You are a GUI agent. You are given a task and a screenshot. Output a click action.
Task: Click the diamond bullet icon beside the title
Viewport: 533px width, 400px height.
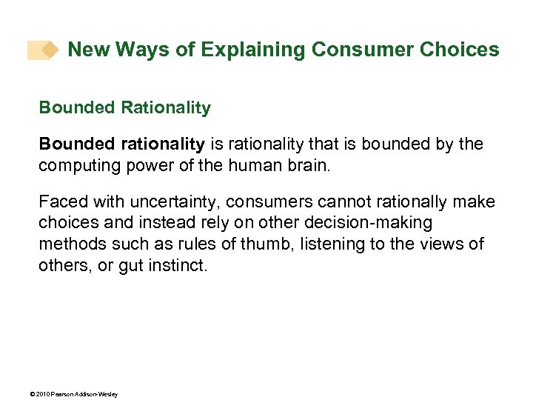coord(49,50)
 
